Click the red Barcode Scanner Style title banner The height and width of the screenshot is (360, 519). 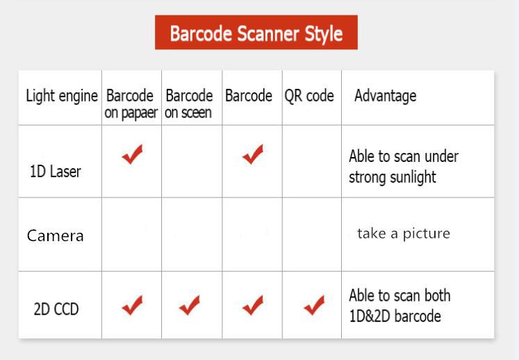point(256,33)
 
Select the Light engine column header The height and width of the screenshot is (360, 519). point(62,97)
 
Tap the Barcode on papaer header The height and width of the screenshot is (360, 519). point(131,104)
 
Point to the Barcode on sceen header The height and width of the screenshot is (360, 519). point(189,104)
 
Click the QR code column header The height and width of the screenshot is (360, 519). point(309,96)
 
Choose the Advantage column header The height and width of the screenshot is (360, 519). point(386,96)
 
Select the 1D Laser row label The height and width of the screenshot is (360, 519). point(56,172)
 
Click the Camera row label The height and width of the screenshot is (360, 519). point(56,236)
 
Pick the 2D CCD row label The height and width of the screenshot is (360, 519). point(56,309)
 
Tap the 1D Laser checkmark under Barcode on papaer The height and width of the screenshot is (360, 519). point(132,154)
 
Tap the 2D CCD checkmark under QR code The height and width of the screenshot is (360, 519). point(314,305)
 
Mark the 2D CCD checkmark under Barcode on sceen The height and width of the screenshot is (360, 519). point(190,305)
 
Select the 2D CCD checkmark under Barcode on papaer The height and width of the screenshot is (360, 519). point(132,305)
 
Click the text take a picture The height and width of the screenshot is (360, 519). point(404,234)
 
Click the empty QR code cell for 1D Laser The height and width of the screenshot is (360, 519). point(312,161)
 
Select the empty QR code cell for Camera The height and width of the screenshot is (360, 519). point(312,234)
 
